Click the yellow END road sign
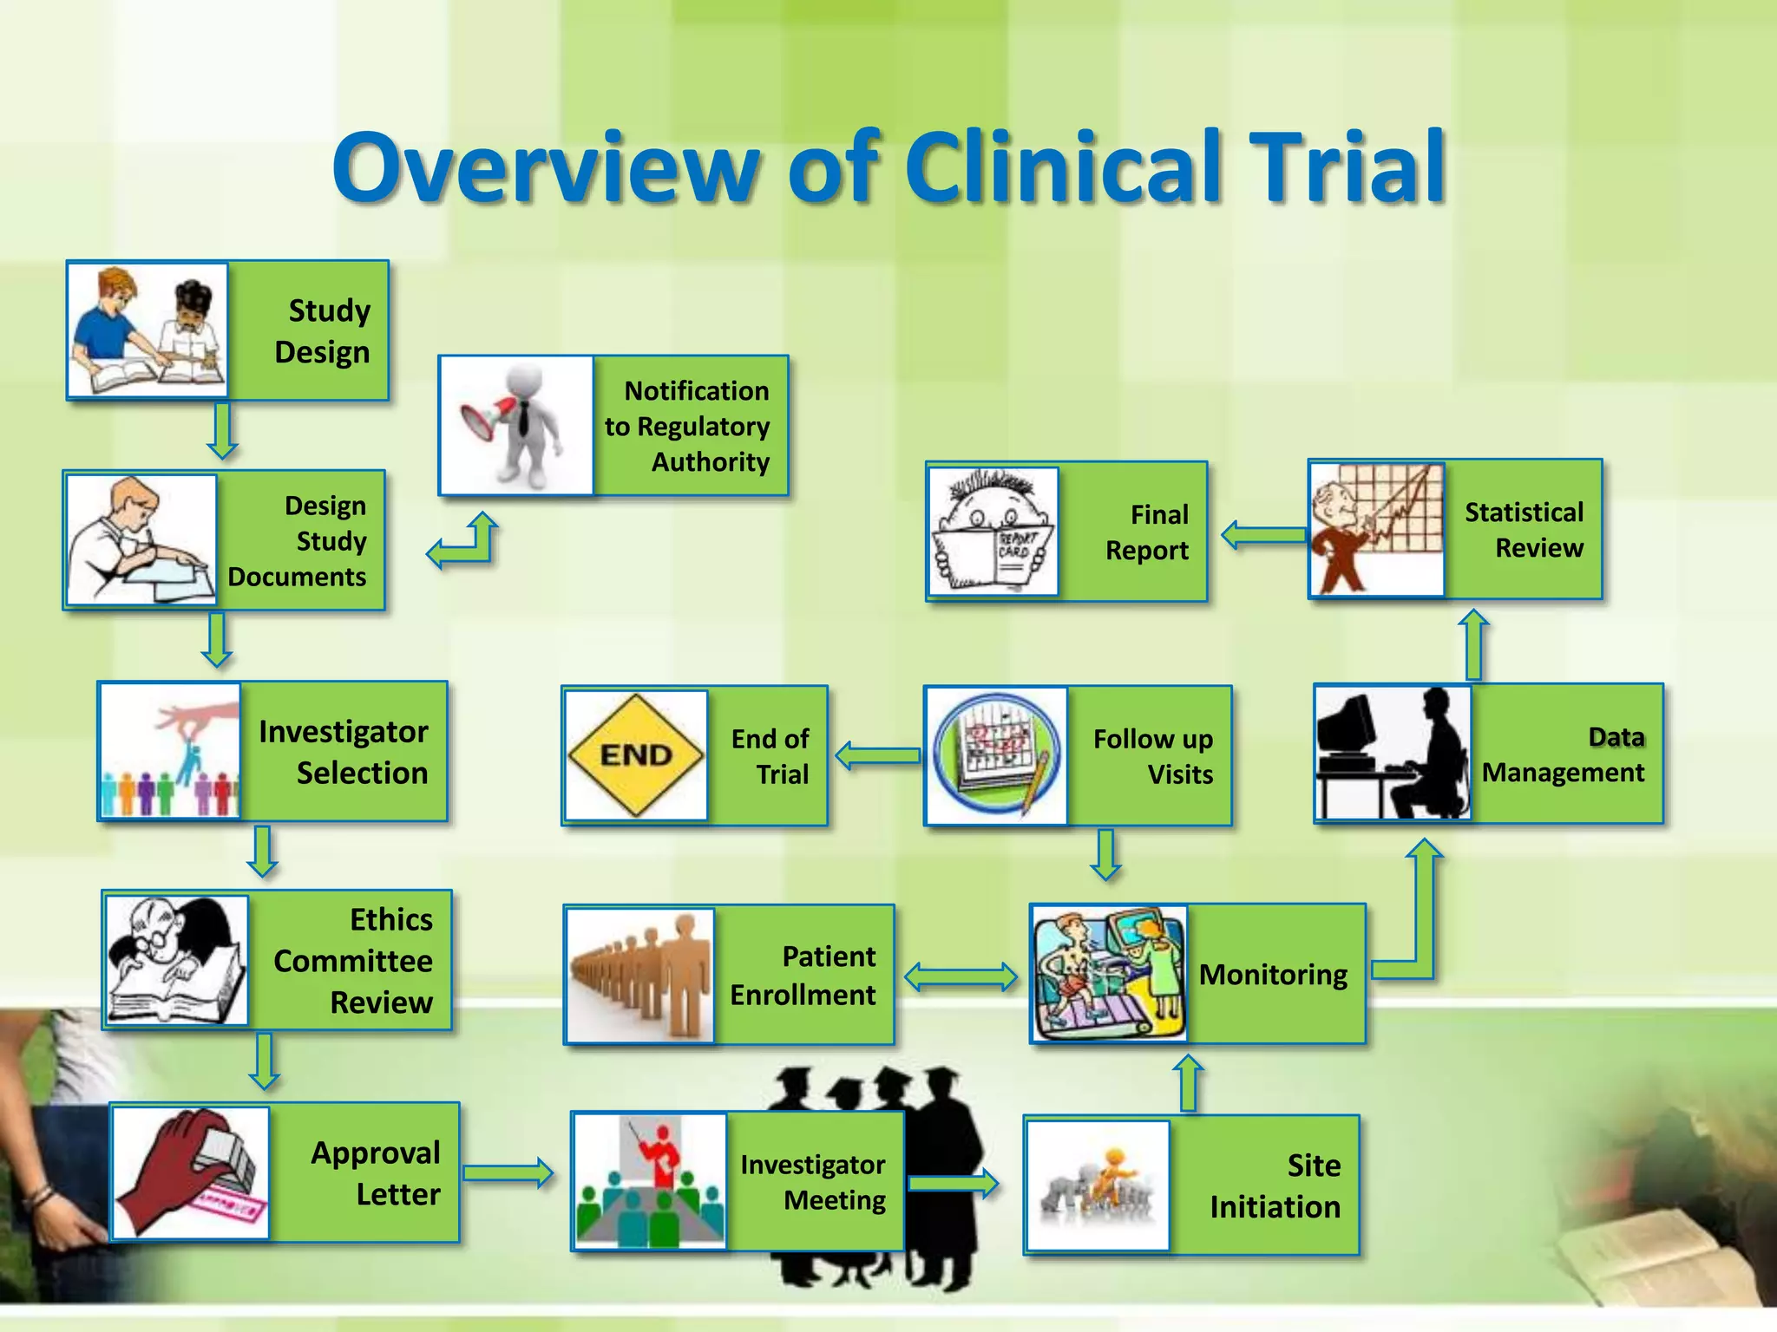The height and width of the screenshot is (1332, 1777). [x=636, y=754]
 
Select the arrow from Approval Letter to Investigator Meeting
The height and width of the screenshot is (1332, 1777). [x=508, y=1172]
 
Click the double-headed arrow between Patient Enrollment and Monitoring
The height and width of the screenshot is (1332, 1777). [x=961, y=976]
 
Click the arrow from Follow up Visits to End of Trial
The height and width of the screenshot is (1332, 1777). [x=877, y=755]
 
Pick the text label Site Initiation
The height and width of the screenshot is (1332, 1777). [x=1275, y=1185]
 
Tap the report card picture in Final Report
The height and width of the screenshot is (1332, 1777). [x=993, y=531]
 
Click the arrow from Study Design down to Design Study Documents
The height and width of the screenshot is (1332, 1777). [x=222, y=431]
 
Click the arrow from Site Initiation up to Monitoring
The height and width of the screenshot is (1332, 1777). [x=1189, y=1082]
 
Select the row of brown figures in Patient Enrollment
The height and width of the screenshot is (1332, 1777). [x=640, y=975]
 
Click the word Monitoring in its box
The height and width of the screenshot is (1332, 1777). [x=1273, y=975]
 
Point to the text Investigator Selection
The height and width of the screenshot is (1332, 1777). [x=344, y=752]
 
